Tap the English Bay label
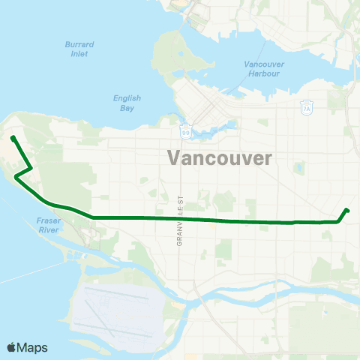coord(127,103)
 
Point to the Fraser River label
coord(47,226)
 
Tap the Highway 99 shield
coord(185,132)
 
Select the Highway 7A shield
coord(306,109)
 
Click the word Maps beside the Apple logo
coord(32,347)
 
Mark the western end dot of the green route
coord(13,137)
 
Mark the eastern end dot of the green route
coord(346,210)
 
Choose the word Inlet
coord(76,54)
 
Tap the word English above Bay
coord(127,98)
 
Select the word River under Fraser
coord(47,230)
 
